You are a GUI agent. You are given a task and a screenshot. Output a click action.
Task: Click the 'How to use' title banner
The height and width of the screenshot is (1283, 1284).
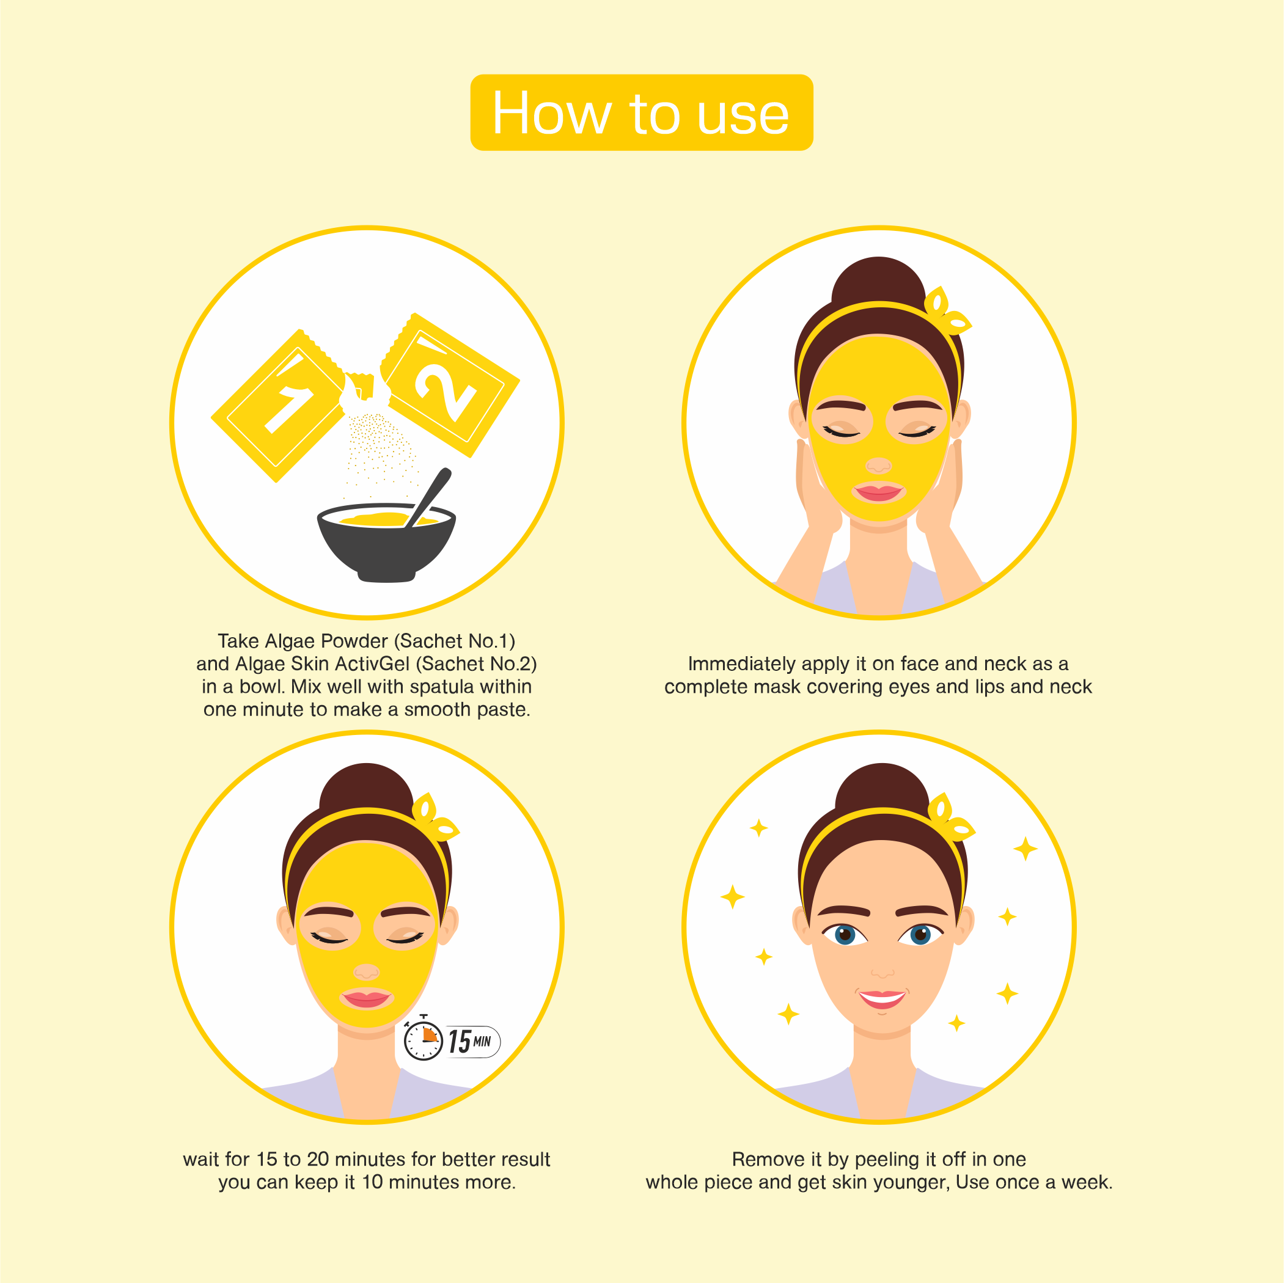[641, 112]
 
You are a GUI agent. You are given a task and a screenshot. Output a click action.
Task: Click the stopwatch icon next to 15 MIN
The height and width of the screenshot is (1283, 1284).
[424, 1041]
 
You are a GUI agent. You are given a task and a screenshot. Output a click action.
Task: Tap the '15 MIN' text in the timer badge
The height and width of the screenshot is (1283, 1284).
[470, 1041]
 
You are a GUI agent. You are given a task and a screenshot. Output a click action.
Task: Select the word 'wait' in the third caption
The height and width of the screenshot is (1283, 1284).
[202, 1160]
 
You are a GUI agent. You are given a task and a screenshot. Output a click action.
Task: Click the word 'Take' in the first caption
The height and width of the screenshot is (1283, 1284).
[238, 641]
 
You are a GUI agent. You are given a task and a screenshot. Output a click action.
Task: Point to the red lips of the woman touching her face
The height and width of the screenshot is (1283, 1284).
[879, 492]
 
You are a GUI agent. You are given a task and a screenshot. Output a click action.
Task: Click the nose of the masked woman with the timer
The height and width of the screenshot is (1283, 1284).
[366, 972]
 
